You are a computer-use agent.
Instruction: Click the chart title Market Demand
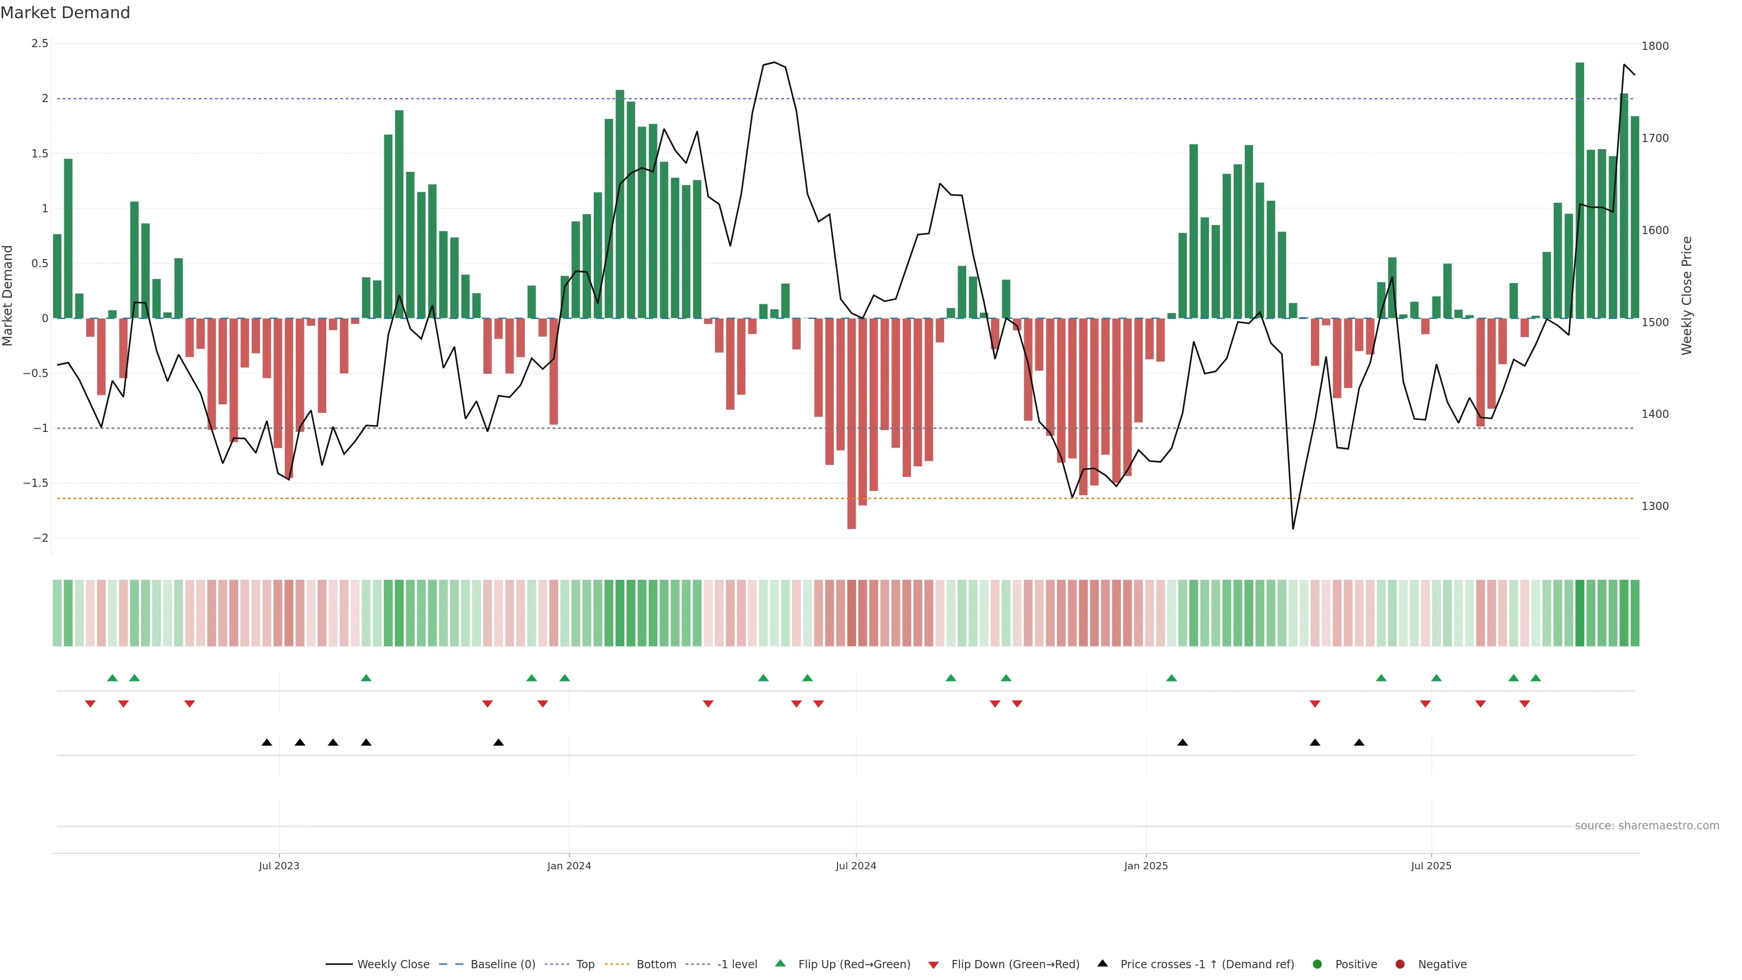[65, 13]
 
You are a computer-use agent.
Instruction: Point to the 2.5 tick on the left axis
[40, 43]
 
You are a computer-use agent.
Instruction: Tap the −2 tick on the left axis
[40, 539]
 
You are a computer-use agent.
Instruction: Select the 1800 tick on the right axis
[1655, 46]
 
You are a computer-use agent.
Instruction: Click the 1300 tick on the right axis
[1655, 506]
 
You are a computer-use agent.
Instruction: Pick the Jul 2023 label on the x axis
[279, 866]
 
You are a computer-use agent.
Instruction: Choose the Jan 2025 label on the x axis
[1145, 866]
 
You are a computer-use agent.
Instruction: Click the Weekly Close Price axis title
[1687, 295]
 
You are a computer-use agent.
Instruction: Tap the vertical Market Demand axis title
[8, 295]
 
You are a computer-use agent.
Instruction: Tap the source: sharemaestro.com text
[1647, 826]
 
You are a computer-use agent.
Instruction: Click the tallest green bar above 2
[1580, 189]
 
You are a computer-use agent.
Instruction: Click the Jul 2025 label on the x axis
[1431, 866]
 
